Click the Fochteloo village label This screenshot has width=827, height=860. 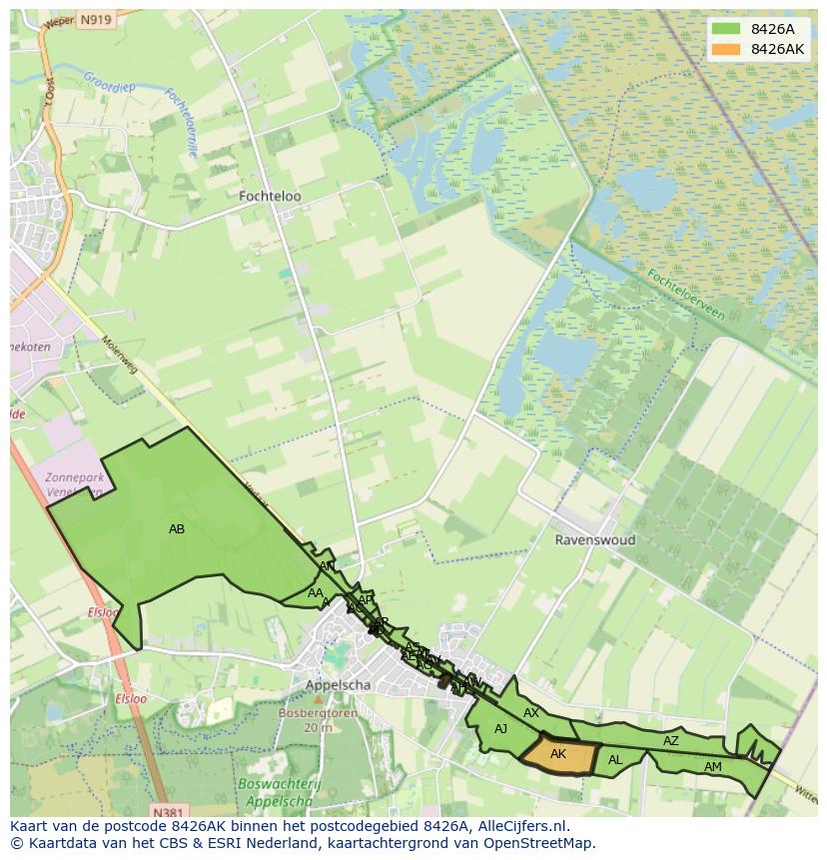tap(270, 197)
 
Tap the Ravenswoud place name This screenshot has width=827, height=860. tap(595, 539)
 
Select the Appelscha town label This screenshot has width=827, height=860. tap(339, 685)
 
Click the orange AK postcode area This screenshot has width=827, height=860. tap(558, 754)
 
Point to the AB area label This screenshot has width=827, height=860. tap(177, 529)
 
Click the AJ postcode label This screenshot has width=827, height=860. tap(500, 729)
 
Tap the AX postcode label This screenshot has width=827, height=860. tap(531, 713)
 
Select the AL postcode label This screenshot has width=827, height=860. tap(615, 760)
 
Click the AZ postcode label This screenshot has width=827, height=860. tap(671, 741)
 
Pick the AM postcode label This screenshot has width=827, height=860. tap(712, 767)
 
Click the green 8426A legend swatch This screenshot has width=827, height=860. tap(727, 30)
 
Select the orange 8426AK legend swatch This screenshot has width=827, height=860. tap(727, 49)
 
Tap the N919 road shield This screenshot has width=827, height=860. tap(96, 20)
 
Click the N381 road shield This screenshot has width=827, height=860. tap(170, 812)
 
